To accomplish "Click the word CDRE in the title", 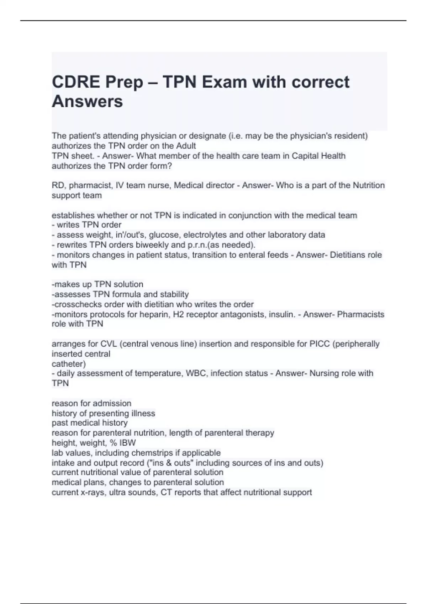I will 76,82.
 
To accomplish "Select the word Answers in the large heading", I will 87,101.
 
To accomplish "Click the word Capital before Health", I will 305,156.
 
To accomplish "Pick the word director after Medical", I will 220,185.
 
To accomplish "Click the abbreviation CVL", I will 109,344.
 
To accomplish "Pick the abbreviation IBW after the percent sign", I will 127,443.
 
